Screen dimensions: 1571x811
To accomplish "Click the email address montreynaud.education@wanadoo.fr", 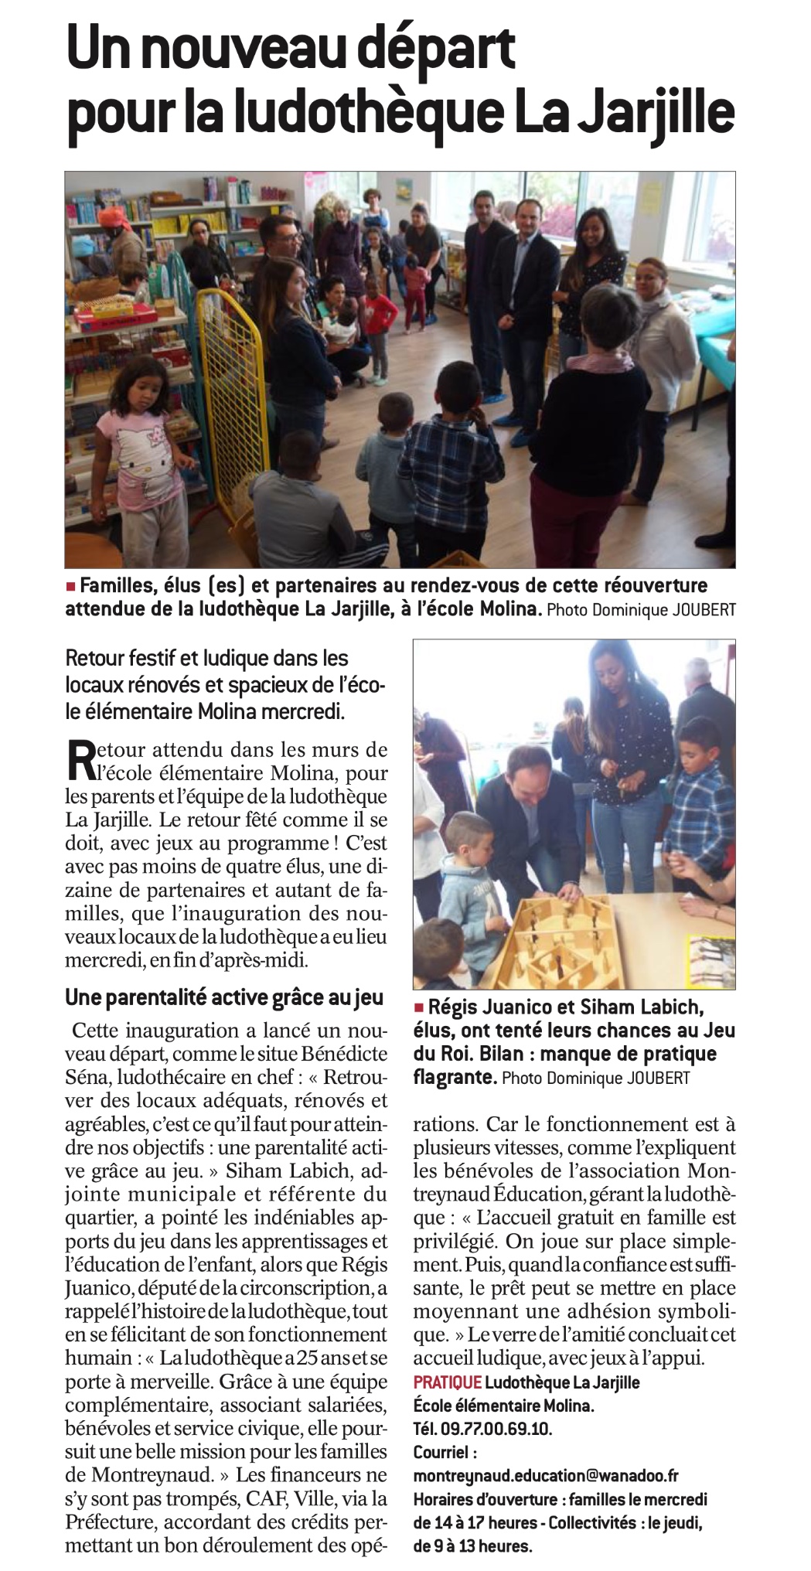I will (546, 1475).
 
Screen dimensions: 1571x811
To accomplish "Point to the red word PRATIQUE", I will (447, 1382).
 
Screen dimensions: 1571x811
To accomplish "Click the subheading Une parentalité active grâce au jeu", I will (224, 997).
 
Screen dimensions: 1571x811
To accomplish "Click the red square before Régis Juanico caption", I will (420, 1007).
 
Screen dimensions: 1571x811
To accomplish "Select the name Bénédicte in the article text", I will (345, 1054).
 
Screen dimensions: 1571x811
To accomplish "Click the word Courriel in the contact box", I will (441, 1452).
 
